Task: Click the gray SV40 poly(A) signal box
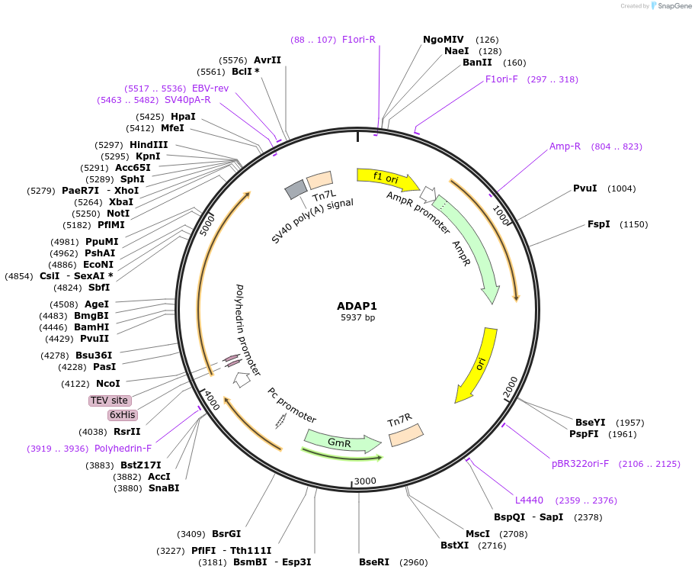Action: coord(295,191)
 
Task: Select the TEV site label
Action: coord(110,401)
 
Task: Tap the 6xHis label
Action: coord(122,415)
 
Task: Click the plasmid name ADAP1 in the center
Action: coord(357,305)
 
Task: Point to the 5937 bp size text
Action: coord(357,317)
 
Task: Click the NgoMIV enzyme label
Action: coord(444,40)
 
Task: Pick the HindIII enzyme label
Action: coord(149,145)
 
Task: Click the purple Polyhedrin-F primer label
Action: coord(123,449)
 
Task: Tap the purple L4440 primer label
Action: coord(529,500)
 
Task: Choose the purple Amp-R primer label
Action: coord(565,146)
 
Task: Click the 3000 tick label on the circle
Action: coord(365,481)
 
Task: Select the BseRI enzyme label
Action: coord(374,562)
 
